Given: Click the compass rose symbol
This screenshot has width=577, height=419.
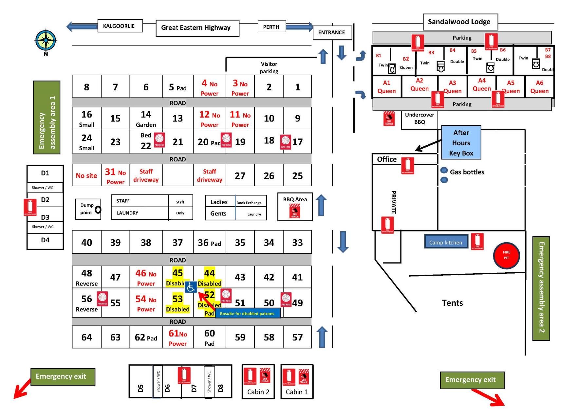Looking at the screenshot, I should (x=46, y=40).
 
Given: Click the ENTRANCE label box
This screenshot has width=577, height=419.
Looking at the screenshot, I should (x=332, y=32).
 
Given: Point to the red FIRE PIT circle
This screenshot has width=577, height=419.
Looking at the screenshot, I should (x=506, y=255).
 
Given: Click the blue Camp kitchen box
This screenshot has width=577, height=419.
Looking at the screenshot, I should (x=446, y=242).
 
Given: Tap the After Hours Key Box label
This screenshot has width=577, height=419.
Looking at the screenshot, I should (x=461, y=143).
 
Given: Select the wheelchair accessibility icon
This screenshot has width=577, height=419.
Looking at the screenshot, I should (x=191, y=287).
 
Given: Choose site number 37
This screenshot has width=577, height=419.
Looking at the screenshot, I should (x=177, y=243).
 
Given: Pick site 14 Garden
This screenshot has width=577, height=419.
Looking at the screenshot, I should (x=146, y=118).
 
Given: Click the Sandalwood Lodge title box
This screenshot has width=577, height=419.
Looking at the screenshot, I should (x=460, y=22).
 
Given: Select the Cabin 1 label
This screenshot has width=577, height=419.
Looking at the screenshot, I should (x=296, y=392).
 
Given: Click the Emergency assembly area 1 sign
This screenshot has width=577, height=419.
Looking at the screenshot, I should (x=47, y=118).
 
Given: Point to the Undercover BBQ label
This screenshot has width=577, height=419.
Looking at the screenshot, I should (x=419, y=118).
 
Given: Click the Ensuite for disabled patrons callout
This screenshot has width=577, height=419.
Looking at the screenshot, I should (x=247, y=314).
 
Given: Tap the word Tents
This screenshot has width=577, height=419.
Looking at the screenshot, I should (x=452, y=303).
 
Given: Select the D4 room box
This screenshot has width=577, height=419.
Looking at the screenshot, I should (x=45, y=240).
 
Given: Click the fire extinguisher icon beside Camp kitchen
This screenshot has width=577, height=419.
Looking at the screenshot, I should (x=477, y=241).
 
